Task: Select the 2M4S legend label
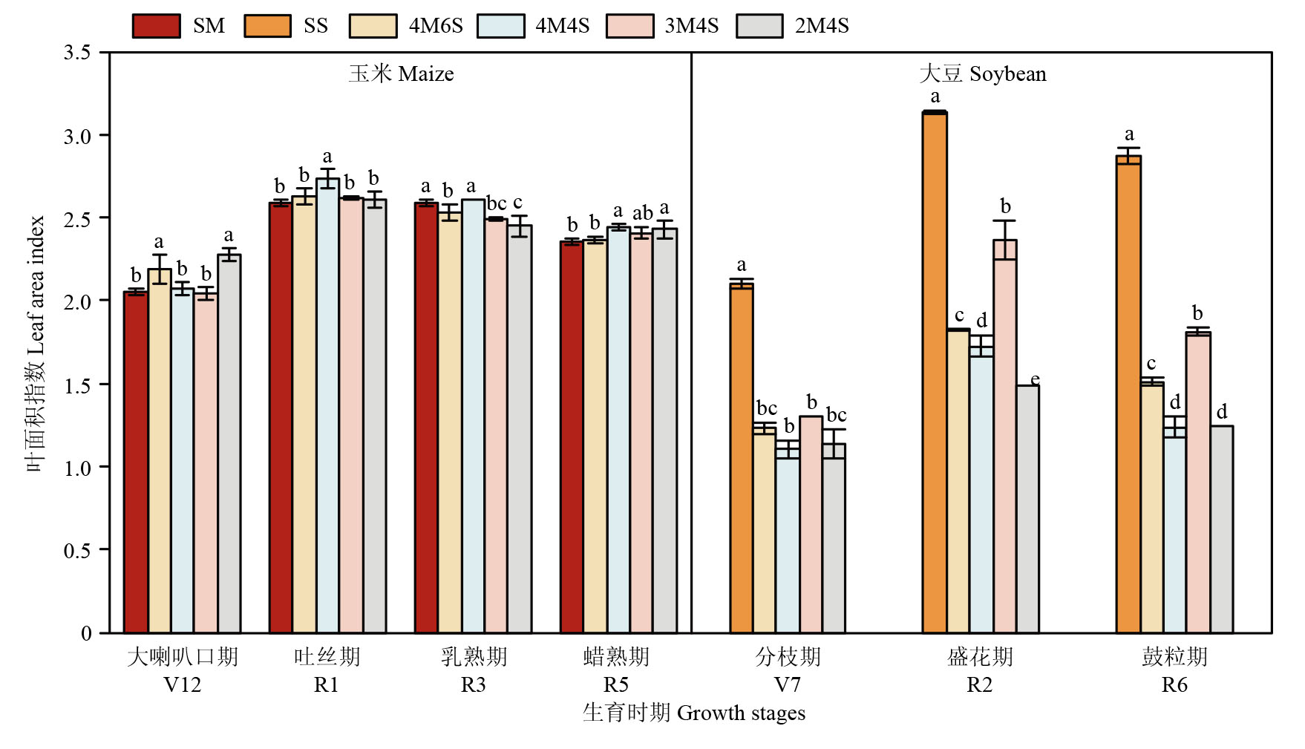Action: pyautogui.click(x=822, y=26)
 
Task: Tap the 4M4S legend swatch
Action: pyautogui.click(x=501, y=26)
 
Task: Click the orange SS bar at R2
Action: pyautogui.click(x=935, y=371)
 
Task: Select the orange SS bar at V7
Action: pyautogui.click(x=742, y=457)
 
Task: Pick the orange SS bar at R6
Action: pyautogui.click(x=1128, y=393)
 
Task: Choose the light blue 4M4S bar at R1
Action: pyautogui.click(x=327, y=405)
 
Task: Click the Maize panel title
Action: pyautogui.click(x=401, y=73)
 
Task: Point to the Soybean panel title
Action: pyautogui.click(x=982, y=73)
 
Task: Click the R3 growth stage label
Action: pyautogui.click(x=473, y=684)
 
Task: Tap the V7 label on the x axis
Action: pyautogui.click(x=788, y=684)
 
